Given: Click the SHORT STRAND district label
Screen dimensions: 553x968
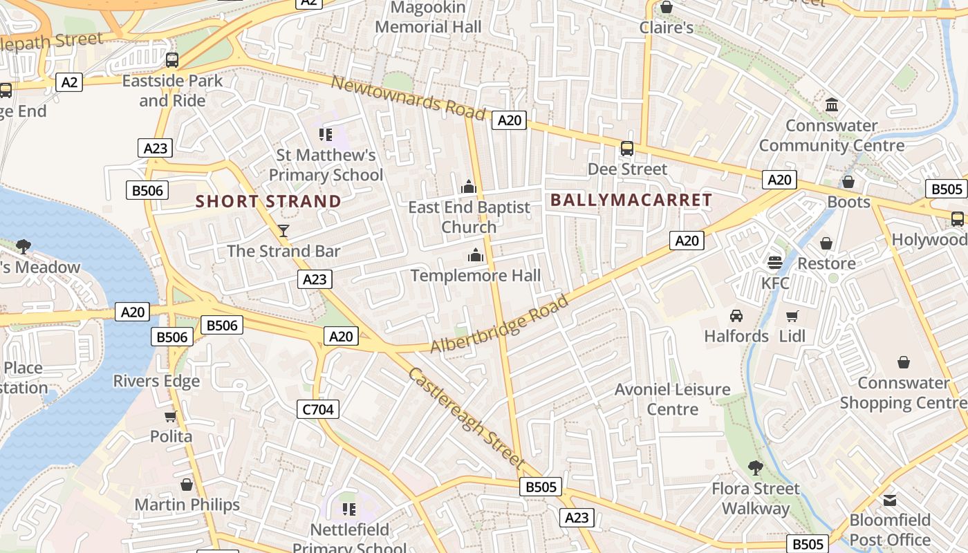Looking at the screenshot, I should pyautogui.click(x=268, y=202).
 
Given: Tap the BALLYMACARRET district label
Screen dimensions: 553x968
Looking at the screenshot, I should pyautogui.click(x=631, y=200).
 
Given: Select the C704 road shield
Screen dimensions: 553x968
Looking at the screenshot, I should pyautogui.click(x=319, y=409).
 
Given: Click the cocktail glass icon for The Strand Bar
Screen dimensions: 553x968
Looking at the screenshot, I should pyautogui.click(x=283, y=230).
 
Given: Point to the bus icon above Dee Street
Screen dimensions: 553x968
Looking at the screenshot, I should pyautogui.click(x=627, y=149).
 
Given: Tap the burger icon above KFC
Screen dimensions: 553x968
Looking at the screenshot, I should pyautogui.click(x=774, y=263).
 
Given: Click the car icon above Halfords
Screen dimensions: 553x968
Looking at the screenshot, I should pyautogui.click(x=736, y=316).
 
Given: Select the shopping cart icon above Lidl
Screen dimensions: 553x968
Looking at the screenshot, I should pyautogui.click(x=792, y=316).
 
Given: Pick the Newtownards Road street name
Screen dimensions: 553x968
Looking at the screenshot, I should pyautogui.click(x=408, y=97).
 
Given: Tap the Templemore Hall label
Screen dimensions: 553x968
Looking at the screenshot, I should pyautogui.click(x=476, y=276).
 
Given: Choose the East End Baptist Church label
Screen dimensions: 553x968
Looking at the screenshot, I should pyautogui.click(x=469, y=217).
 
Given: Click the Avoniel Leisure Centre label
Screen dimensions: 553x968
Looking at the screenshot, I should pyautogui.click(x=673, y=399).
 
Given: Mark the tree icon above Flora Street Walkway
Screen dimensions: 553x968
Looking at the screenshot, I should pyautogui.click(x=756, y=468).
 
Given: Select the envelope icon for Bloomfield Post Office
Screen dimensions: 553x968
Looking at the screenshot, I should pyautogui.click(x=890, y=499).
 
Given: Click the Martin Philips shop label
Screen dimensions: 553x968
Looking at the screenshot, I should pyautogui.click(x=187, y=505).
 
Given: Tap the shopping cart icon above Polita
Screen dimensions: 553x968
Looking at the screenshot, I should pyautogui.click(x=171, y=416).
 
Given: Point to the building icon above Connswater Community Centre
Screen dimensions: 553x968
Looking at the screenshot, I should pyautogui.click(x=832, y=106).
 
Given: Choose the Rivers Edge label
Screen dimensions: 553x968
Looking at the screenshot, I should pyautogui.click(x=156, y=382).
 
